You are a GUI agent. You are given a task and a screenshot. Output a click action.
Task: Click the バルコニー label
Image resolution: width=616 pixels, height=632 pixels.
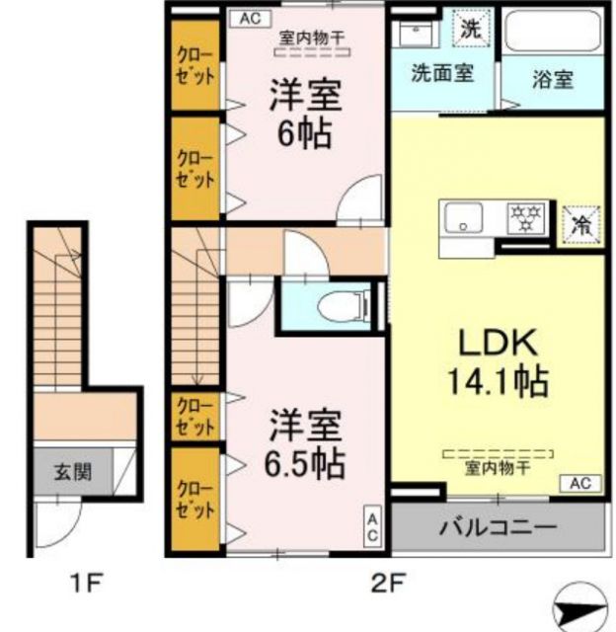pyautogui.click(x=498, y=526)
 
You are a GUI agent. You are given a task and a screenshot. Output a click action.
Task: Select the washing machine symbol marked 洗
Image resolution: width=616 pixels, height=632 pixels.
pyautogui.click(x=473, y=28)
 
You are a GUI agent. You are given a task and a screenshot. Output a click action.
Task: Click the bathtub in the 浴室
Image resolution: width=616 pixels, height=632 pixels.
pyautogui.click(x=551, y=33)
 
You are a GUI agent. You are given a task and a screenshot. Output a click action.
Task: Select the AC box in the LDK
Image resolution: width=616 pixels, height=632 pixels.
pyautogui.click(x=580, y=483)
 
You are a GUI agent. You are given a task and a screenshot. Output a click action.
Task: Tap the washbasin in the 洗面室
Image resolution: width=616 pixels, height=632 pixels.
pyautogui.click(x=416, y=33)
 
